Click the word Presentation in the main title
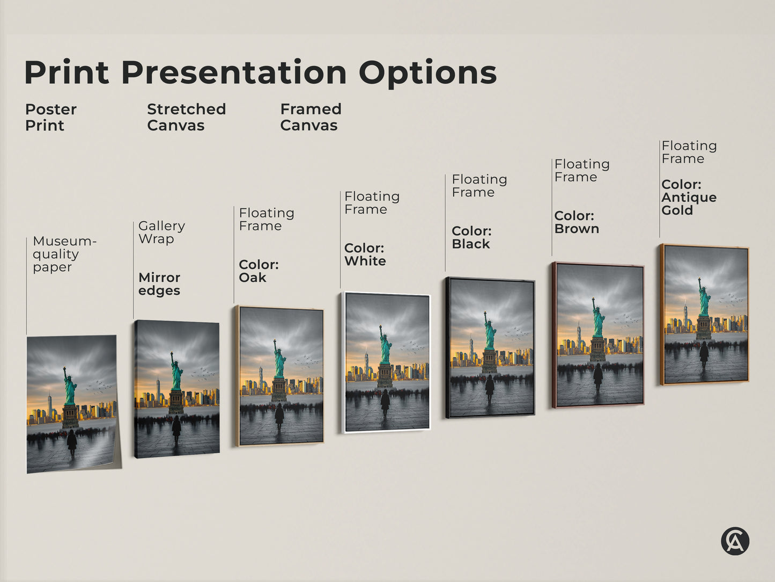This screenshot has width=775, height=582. [234, 73]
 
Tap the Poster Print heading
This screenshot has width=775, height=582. [50, 117]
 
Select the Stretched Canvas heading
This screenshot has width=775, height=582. [186, 117]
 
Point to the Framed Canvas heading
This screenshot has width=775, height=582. [311, 117]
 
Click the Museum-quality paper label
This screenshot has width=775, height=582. [64, 254]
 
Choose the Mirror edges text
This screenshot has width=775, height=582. [159, 284]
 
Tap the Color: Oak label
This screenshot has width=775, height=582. [259, 271]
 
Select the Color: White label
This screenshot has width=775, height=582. [365, 254]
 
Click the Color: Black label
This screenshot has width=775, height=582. [471, 237]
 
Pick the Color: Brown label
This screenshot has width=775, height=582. [577, 222]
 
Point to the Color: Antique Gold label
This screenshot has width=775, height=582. [689, 198]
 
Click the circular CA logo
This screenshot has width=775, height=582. [735, 541]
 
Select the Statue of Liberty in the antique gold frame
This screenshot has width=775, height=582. [704, 299]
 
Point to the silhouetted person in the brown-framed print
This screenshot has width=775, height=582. [598, 375]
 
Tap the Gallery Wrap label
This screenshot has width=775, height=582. [161, 232]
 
